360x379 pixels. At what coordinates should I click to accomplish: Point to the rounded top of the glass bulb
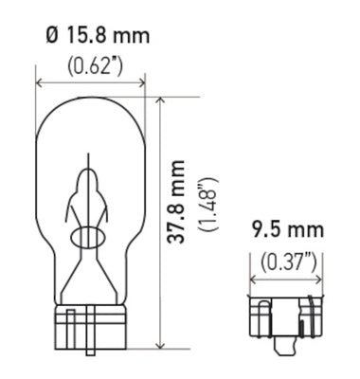click(90, 99)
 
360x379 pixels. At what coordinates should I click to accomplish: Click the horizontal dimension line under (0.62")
click(90, 82)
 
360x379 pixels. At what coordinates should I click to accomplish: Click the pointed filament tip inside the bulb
click(91, 170)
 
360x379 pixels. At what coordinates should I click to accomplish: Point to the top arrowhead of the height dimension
click(162, 99)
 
